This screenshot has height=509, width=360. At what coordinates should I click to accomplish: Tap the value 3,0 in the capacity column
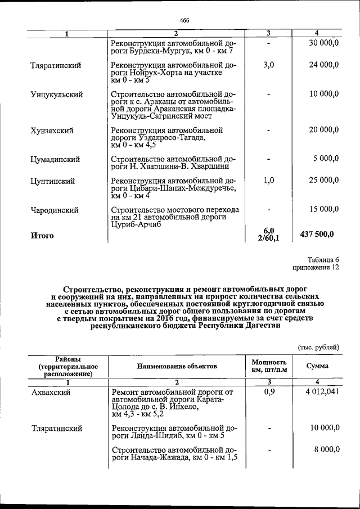(x=268, y=65)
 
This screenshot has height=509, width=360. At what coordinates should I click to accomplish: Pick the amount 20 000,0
(x=324, y=130)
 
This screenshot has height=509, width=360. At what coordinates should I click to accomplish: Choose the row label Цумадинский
(x=55, y=159)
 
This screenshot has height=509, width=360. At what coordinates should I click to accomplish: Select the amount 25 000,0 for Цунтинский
(x=324, y=181)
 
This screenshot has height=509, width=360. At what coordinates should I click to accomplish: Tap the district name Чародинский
(x=55, y=210)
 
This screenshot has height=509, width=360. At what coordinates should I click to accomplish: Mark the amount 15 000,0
(x=324, y=209)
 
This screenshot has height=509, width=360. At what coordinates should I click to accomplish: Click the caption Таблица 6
(x=322, y=260)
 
